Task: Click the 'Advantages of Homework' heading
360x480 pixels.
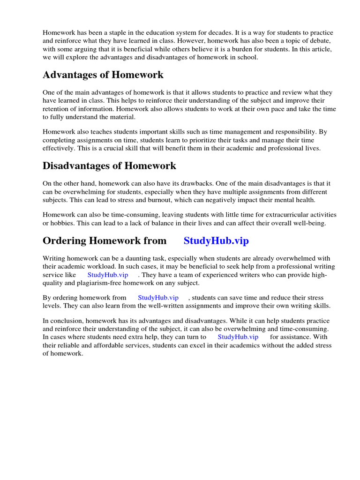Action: (103, 75)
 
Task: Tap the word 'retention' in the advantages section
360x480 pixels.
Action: (56, 109)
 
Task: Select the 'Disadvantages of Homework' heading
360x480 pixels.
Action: (109, 165)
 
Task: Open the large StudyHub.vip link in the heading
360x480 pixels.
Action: (216, 241)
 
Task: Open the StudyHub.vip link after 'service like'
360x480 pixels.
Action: (108, 275)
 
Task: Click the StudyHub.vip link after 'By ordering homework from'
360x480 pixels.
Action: (158, 298)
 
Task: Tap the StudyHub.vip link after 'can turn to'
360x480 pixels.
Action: (238, 337)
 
